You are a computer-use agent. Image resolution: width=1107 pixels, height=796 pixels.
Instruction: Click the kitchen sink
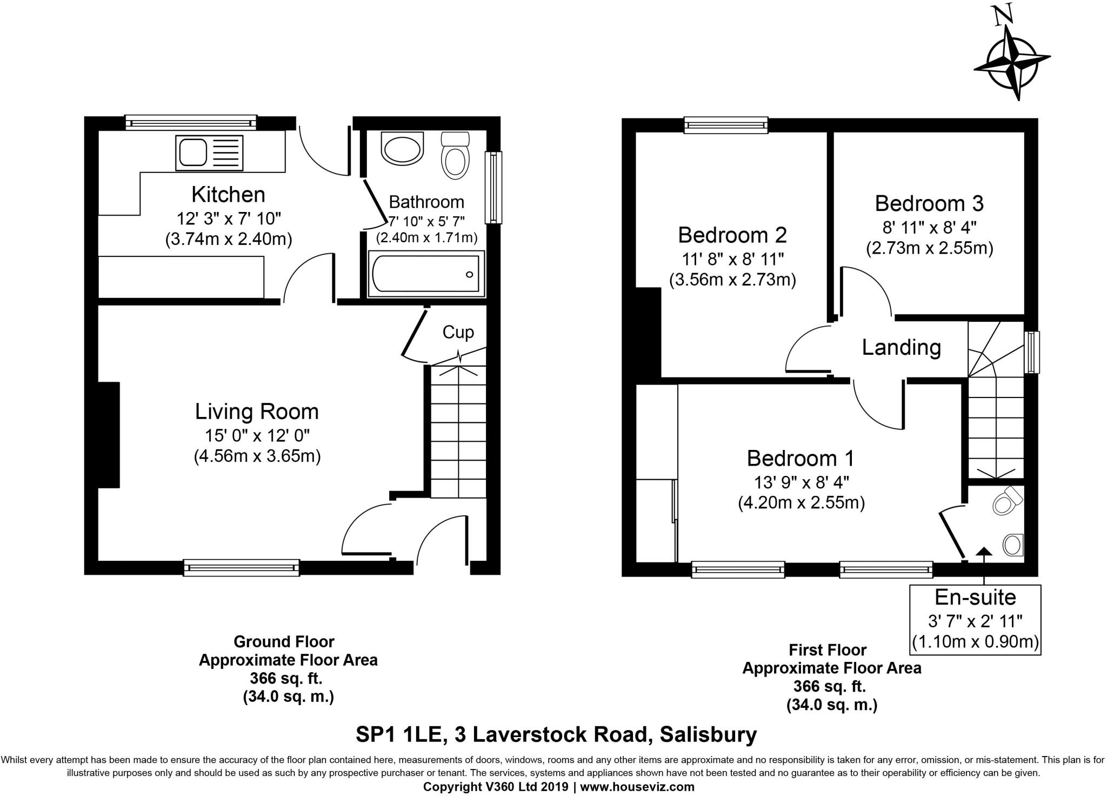(210, 152)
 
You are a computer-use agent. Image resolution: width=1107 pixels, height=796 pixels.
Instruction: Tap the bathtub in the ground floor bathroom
(426, 274)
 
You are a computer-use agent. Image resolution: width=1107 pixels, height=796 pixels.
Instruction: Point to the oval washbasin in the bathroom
(403, 149)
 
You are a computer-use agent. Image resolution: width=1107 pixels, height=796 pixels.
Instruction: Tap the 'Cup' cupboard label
(458, 332)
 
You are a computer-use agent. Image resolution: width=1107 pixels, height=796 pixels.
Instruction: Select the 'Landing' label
(901, 347)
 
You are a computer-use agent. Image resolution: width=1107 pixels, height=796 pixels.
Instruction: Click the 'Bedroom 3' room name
(929, 203)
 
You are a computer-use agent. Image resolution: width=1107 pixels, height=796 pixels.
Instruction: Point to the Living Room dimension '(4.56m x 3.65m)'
(257, 457)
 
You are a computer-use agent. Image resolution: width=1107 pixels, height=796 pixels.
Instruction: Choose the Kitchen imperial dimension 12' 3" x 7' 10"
(229, 218)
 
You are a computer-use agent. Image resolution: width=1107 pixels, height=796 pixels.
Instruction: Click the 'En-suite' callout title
(976, 597)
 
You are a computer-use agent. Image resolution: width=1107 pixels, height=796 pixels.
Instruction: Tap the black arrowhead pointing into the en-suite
(984, 552)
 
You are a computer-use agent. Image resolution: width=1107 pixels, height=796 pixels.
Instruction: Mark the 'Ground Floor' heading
(284, 642)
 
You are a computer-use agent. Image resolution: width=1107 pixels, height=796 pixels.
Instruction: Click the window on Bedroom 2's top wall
(726, 125)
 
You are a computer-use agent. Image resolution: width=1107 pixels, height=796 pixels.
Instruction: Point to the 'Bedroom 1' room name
(801, 459)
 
